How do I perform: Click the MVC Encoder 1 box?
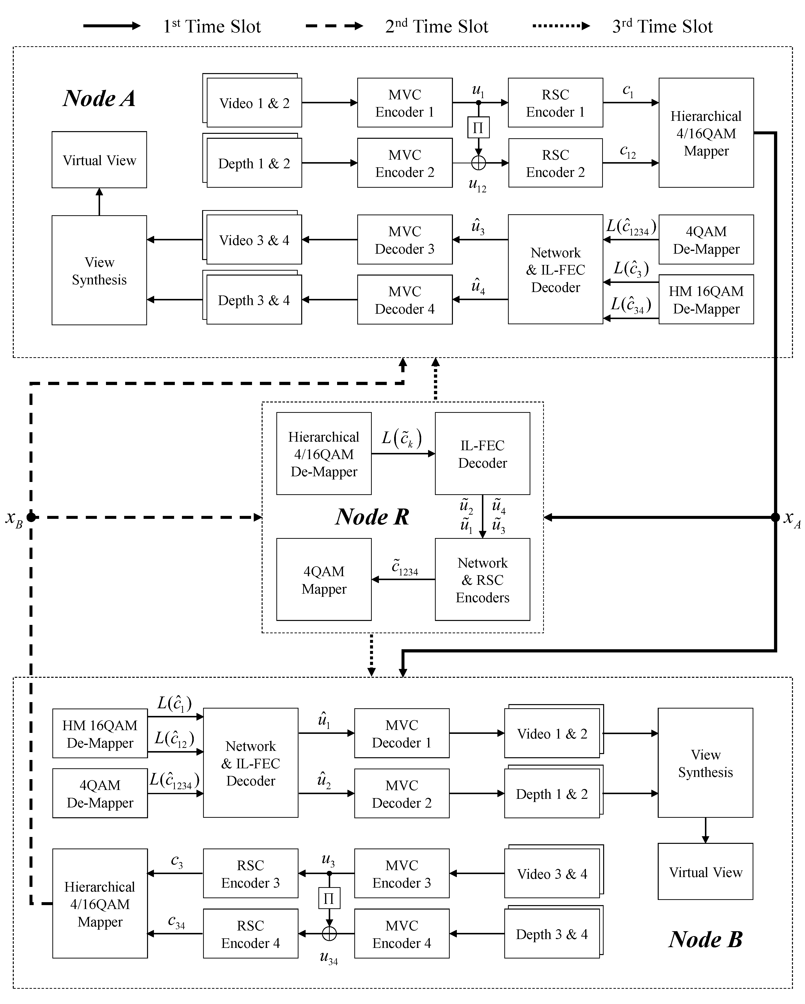click(404, 103)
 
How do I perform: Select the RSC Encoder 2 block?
click(555, 163)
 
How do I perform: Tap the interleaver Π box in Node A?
click(478, 128)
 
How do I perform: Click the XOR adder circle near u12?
click(478, 163)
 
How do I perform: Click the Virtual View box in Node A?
click(99, 160)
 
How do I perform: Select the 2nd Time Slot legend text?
click(436, 27)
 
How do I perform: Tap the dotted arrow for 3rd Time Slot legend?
click(561, 26)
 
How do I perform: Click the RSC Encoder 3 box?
click(250, 874)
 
